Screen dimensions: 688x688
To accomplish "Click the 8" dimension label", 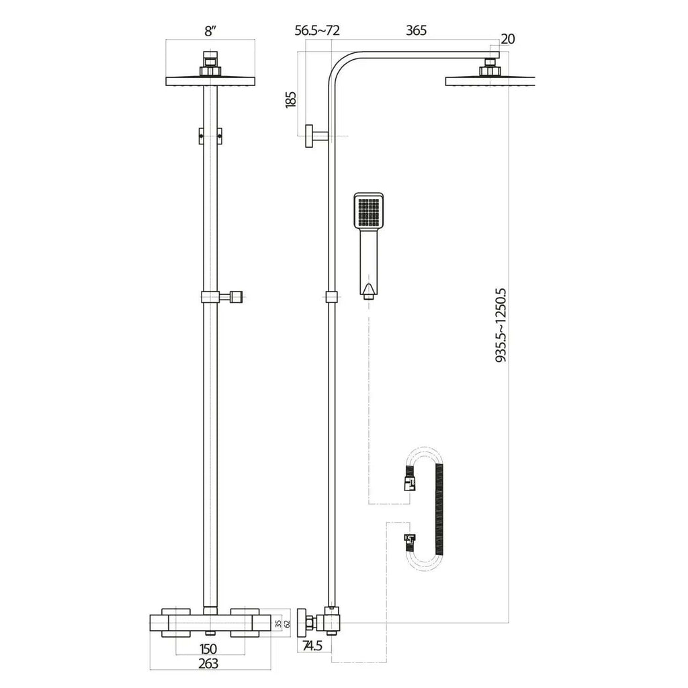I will [210, 30].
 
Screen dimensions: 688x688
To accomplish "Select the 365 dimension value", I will [417, 30].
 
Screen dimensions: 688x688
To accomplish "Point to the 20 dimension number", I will [508, 39].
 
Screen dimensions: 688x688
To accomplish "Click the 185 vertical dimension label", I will [290, 99].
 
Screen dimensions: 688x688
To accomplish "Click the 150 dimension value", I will [210, 648].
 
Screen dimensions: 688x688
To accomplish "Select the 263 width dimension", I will [210, 664].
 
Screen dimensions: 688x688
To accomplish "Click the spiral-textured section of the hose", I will [440, 511].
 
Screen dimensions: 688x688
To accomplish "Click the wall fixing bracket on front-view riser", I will [210, 134].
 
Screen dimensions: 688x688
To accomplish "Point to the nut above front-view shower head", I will [210, 67].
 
